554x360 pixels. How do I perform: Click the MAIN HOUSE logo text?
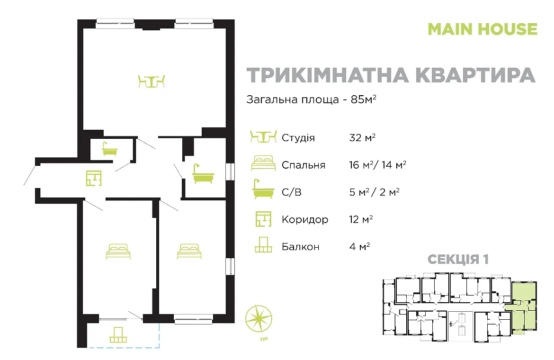coord(483,29)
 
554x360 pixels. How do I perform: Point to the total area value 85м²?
coord(363,99)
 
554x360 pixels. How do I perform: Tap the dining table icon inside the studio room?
coord(151,81)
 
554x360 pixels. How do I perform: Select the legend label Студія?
coord(298,137)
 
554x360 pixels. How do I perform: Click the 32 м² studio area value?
coord(362,137)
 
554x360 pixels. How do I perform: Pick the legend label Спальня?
coord(304,165)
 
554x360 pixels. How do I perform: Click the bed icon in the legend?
coord(263,163)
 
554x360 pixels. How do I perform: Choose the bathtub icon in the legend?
coord(263,189)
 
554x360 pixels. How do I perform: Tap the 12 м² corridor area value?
coord(361,219)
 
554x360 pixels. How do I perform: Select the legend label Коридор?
coord(305,220)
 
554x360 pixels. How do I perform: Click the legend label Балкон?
coord(301,247)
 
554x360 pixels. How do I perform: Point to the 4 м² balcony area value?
coord(359,246)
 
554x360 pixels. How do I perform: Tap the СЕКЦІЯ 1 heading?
coord(458,259)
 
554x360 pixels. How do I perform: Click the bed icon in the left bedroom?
coord(118,251)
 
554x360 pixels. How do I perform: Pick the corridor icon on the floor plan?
coord(94,178)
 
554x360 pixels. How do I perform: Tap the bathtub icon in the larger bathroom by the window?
coord(203,173)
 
